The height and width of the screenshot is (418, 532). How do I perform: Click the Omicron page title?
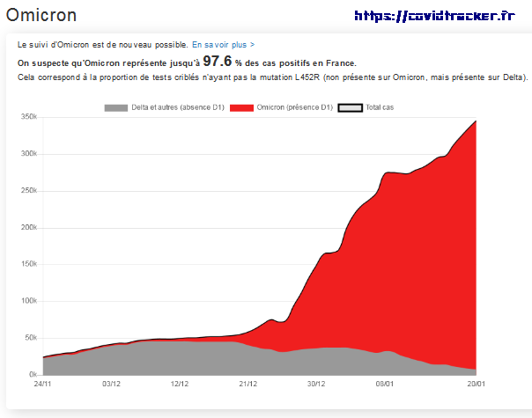pyautogui.click(x=41, y=15)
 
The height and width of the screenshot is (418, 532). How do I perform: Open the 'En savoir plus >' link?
pyautogui.click(x=224, y=44)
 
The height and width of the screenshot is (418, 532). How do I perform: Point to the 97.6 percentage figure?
pyautogui.click(x=218, y=61)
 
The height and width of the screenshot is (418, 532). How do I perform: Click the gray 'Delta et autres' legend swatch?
pyautogui.click(x=115, y=107)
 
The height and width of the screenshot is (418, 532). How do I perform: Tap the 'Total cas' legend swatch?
pyautogui.click(x=351, y=107)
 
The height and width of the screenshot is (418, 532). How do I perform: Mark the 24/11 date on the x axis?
pyautogui.click(x=43, y=384)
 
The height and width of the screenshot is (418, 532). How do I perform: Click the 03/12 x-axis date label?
pyautogui.click(x=112, y=384)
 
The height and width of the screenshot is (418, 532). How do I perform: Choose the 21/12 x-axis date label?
pyautogui.click(x=248, y=384)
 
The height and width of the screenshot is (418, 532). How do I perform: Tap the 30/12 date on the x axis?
pyautogui.click(x=317, y=384)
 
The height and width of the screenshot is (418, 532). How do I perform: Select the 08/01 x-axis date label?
pyautogui.click(x=385, y=384)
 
